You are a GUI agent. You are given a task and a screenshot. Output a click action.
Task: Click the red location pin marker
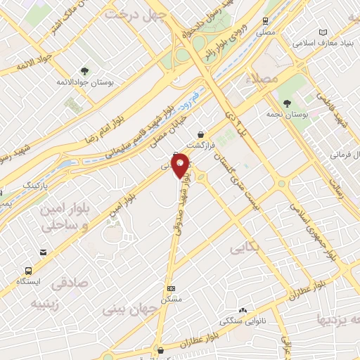(181, 165)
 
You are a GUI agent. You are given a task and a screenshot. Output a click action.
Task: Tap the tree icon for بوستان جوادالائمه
(84, 70)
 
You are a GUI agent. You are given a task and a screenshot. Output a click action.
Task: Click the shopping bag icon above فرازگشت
(202, 134)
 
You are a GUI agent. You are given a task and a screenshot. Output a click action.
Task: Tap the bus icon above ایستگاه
(29, 271)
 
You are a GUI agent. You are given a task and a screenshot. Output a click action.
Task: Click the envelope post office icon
(43, 252)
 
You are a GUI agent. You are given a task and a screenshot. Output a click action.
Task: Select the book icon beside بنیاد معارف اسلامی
(323, 32)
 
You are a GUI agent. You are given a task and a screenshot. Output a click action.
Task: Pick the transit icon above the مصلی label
(265, 21)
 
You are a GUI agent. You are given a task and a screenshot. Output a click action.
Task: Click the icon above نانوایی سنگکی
(243, 309)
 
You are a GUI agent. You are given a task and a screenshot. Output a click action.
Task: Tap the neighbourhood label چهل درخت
(135, 13)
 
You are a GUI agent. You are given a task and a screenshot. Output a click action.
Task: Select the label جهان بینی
(131, 307)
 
